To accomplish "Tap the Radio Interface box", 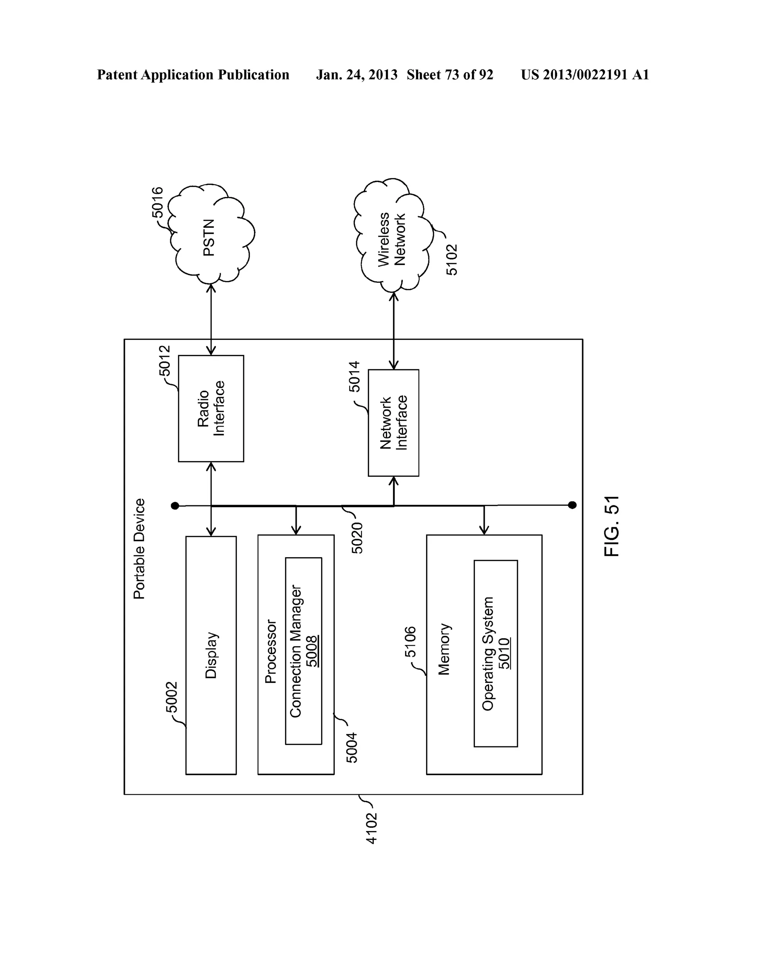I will coord(211,409).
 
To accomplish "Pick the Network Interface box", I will coord(393,423).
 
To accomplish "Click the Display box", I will coord(211,655).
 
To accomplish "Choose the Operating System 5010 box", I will coord(496,653).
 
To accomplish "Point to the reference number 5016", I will coord(158,203).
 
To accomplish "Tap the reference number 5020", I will coord(357,538).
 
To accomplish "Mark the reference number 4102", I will coord(371,828).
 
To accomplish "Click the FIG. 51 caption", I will coord(611,526).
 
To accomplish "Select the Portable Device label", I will coord(139,549).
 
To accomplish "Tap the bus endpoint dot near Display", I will coord(175,506).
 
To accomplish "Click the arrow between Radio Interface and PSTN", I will coord(211,319).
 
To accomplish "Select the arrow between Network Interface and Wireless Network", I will coord(394,331).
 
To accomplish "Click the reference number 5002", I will coord(172,697).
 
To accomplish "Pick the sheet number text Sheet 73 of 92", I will coord(449,75).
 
